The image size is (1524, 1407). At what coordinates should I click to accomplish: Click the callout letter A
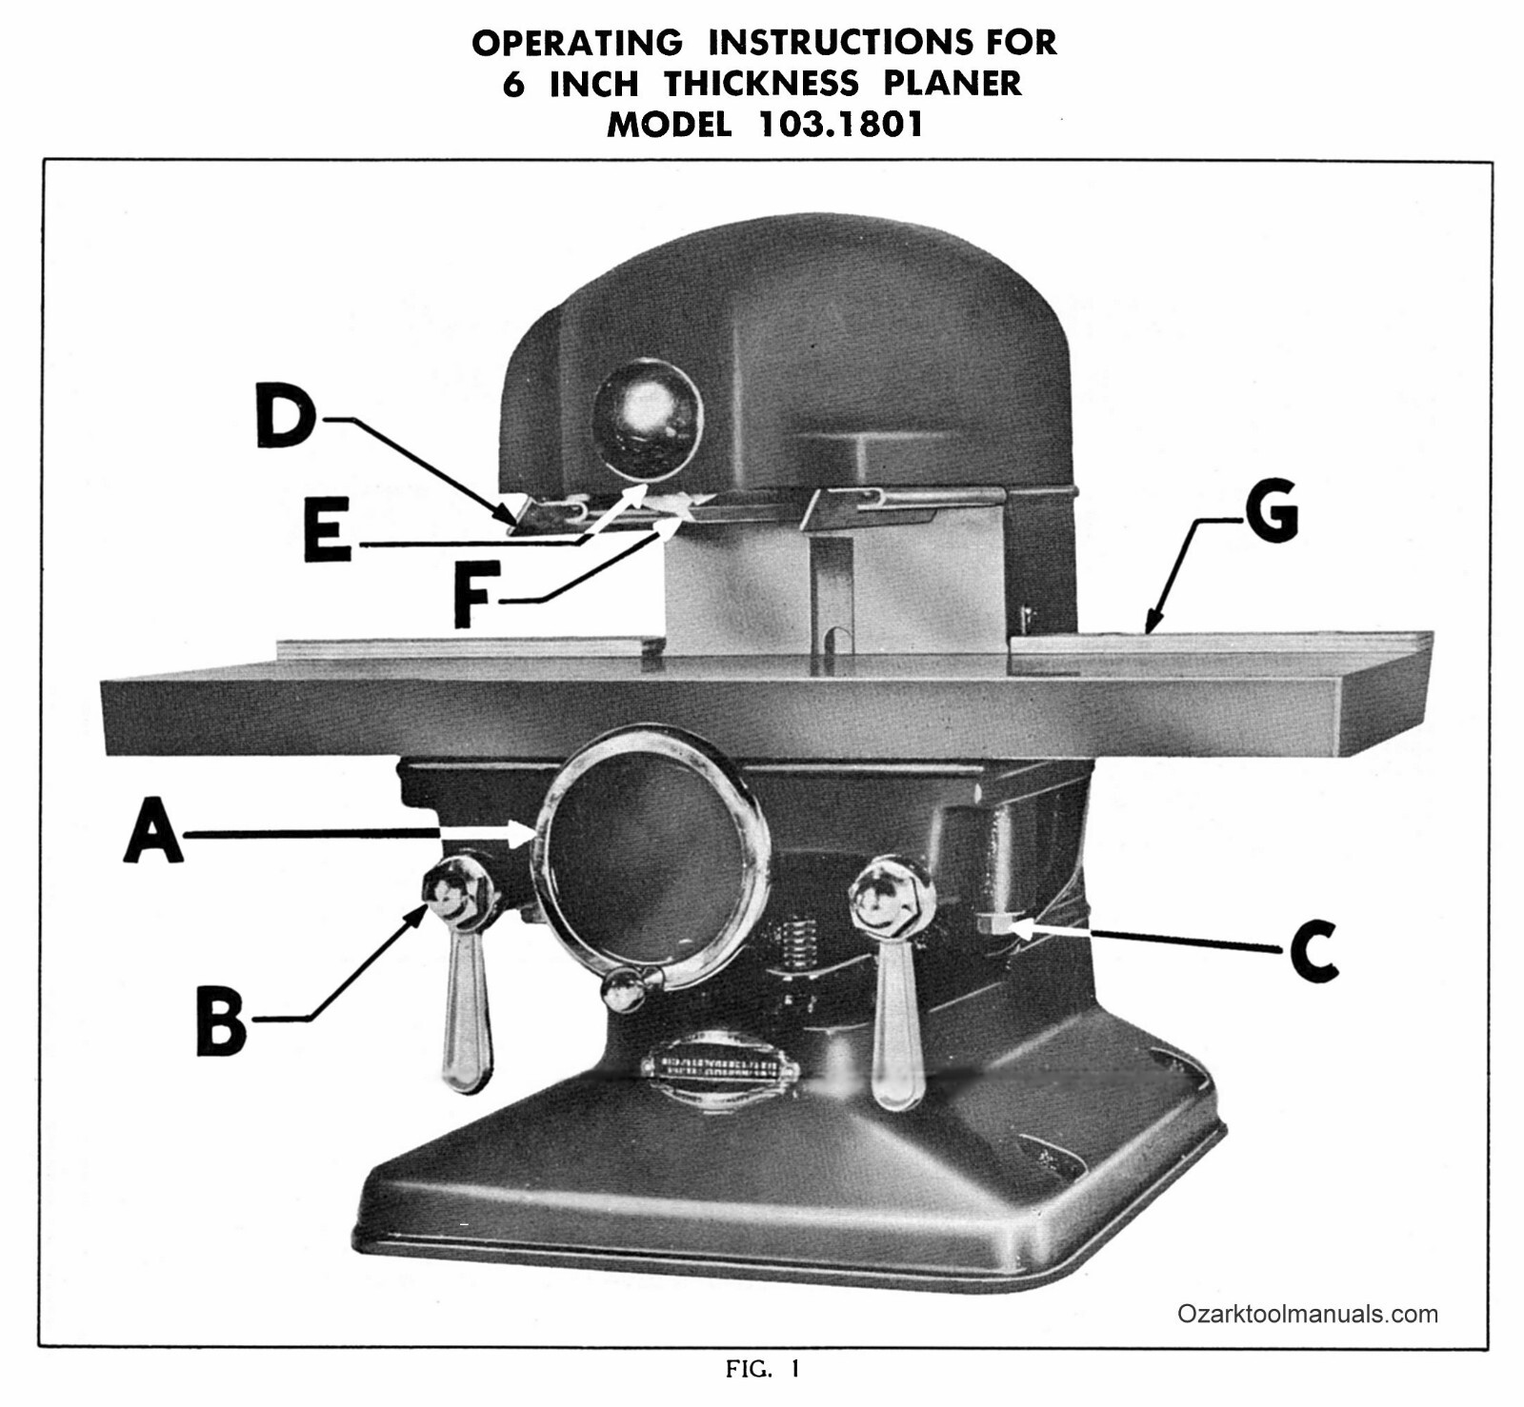[154, 830]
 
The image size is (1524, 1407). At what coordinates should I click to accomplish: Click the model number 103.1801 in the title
[840, 125]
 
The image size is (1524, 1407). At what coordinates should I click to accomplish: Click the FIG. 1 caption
[763, 1370]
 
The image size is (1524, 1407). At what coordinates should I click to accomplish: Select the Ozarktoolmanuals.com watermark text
[1307, 1314]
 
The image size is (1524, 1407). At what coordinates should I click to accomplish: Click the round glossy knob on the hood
[647, 419]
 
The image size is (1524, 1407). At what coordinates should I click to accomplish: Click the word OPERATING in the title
[577, 43]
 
